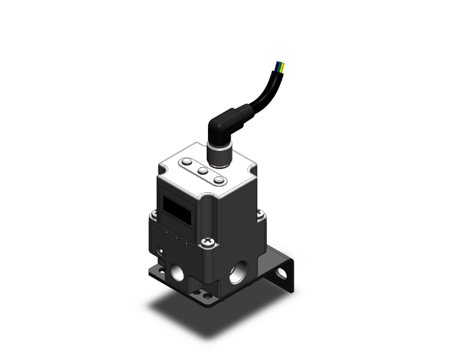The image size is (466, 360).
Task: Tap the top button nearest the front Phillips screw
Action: coord(219,180)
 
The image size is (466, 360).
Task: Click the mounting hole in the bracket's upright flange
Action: coord(289,273)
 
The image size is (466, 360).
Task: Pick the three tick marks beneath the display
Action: coord(177,239)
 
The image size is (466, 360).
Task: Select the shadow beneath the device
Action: coord(200,313)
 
